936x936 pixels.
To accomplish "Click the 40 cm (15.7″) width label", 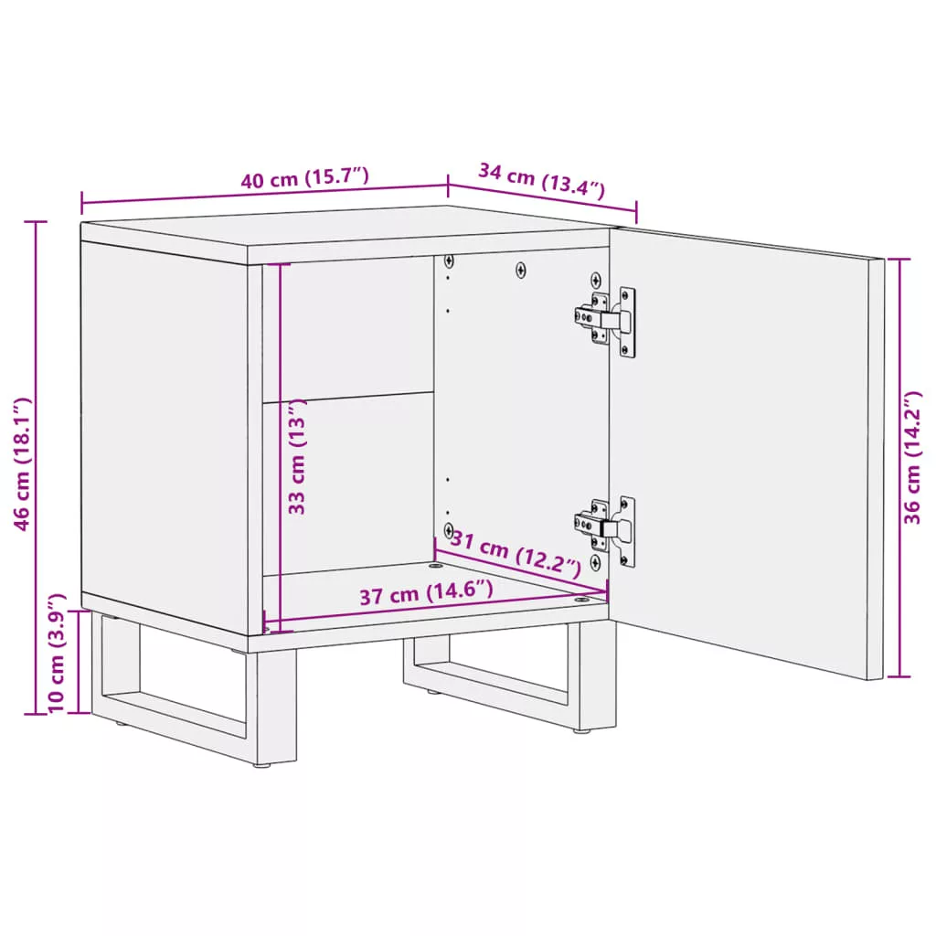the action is point(304,177).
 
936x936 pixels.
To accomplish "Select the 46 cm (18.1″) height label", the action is point(22,463).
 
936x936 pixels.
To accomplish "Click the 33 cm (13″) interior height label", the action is point(297,457).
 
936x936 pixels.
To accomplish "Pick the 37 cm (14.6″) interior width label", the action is point(426,592).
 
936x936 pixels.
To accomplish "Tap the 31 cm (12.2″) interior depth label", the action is point(516,554).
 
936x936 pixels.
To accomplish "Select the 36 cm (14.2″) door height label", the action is point(912,458).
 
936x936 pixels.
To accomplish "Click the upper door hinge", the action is point(605,321).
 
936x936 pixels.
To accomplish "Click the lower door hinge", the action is point(605,529).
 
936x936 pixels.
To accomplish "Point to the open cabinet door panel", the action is point(746,453).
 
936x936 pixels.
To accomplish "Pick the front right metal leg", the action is point(598,675).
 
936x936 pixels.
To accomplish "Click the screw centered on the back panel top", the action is point(520,271).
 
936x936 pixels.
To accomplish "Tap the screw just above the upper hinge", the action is point(595,280).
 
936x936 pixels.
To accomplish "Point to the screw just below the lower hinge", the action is point(595,562).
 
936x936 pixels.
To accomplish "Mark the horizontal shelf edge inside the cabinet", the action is point(348,398).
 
